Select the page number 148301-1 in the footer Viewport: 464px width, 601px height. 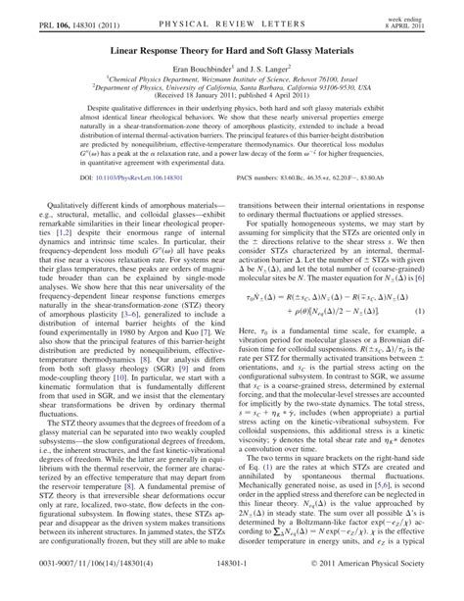[231, 589]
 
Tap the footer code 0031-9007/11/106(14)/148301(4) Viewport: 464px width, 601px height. [87, 589]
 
